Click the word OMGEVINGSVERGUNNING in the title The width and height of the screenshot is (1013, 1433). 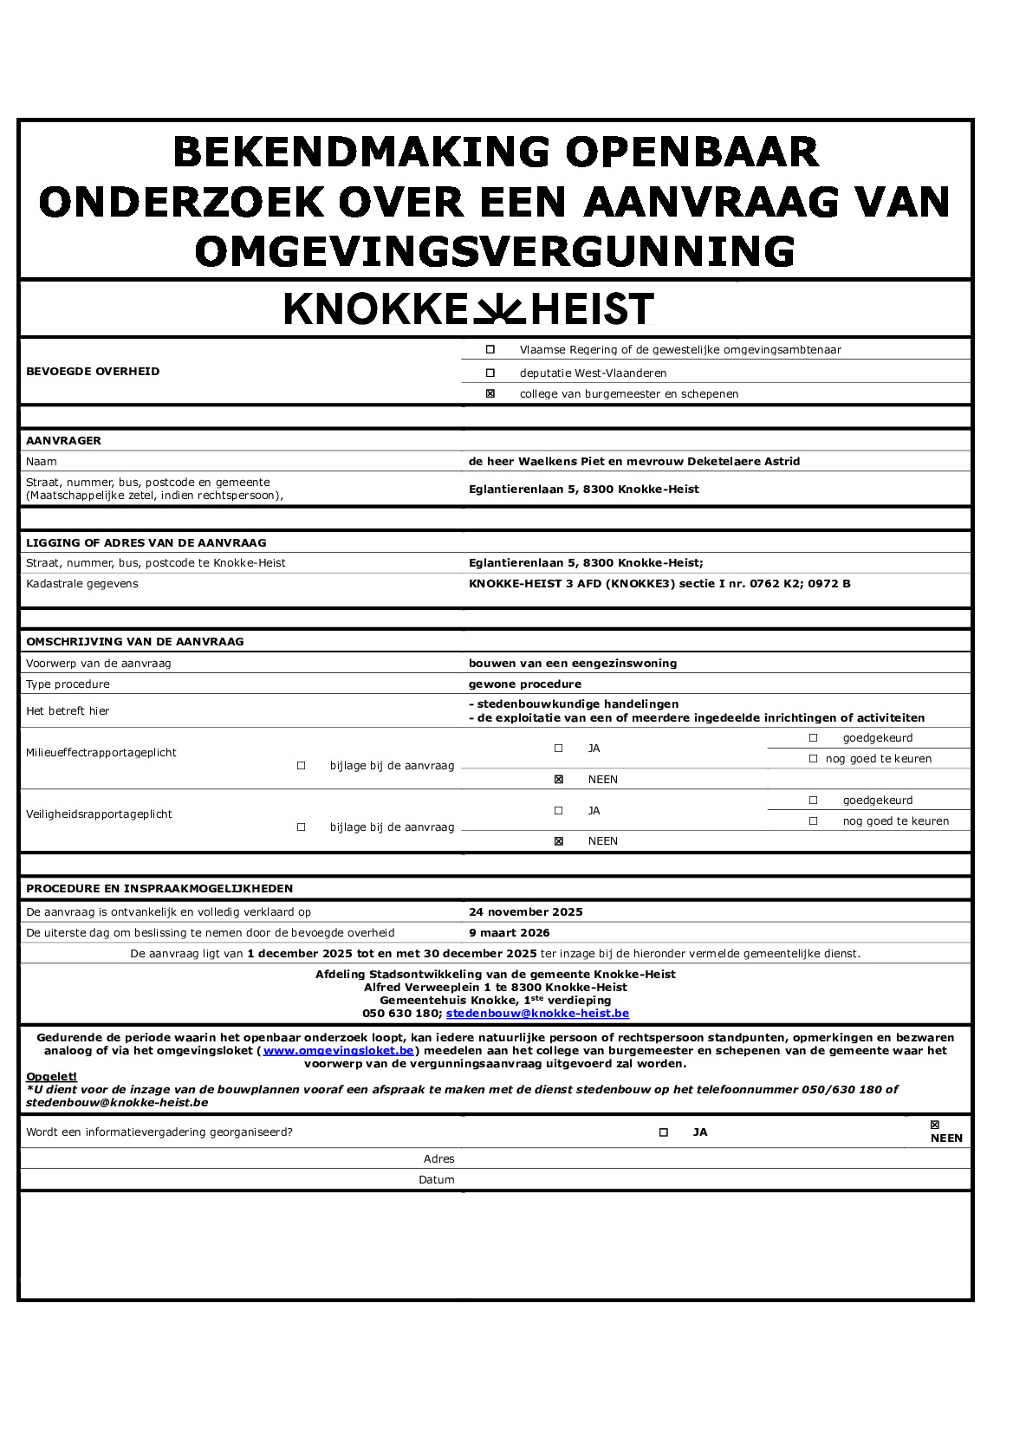pos(495,252)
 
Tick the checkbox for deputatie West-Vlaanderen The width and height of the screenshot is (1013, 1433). pos(490,373)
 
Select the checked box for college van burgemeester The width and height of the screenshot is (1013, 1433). pos(490,394)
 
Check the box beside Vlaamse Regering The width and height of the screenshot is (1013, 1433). pos(490,350)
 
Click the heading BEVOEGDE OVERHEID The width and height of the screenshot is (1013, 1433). pos(93,372)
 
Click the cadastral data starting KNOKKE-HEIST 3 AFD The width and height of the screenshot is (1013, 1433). pos(659,584)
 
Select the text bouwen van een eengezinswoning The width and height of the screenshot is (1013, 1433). pos(572,664)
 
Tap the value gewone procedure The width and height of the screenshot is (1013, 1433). pos(524,684)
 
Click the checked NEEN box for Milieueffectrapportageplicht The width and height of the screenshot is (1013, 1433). pos(559,780)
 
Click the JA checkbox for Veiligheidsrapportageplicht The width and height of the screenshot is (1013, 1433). pos(559,811)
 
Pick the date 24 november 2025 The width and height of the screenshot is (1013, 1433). pos(525,912)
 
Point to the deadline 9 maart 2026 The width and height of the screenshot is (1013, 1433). pos(509,933)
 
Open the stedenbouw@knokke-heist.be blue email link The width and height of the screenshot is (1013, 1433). pos(537,1014)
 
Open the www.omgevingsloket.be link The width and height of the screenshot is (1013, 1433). pos(338,1051)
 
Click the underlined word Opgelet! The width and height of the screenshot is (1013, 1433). pos(51,1077)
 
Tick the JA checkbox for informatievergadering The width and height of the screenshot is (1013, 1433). pos(664,1132)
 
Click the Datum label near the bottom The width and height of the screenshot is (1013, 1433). pos(436,1180)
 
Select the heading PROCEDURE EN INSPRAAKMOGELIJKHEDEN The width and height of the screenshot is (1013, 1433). pos(159,889)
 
